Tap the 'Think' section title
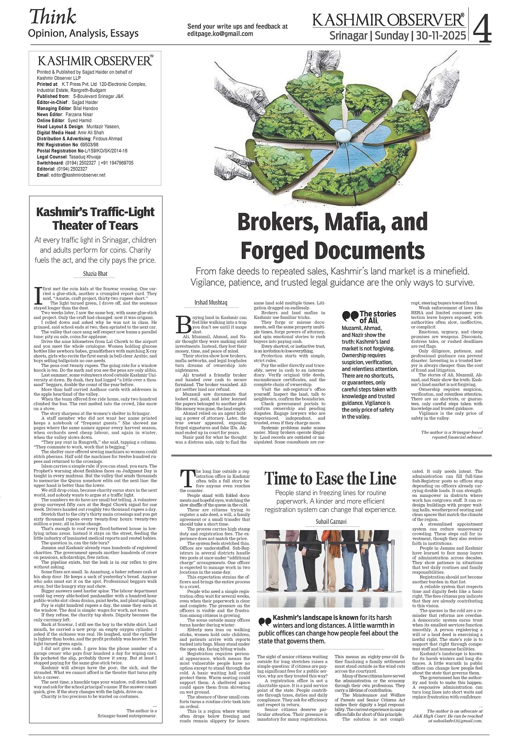(53, 17)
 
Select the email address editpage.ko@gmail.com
(220, 34)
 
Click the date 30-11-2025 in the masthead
(439, 35)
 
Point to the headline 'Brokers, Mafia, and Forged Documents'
(333, 236)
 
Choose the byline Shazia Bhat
(95, 273)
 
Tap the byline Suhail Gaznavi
(331, 521)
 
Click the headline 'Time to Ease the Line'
(330, 478)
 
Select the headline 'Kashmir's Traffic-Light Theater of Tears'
(95, 218)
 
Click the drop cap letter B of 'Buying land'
(185, 324)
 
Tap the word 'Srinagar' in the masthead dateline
(348, 35)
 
